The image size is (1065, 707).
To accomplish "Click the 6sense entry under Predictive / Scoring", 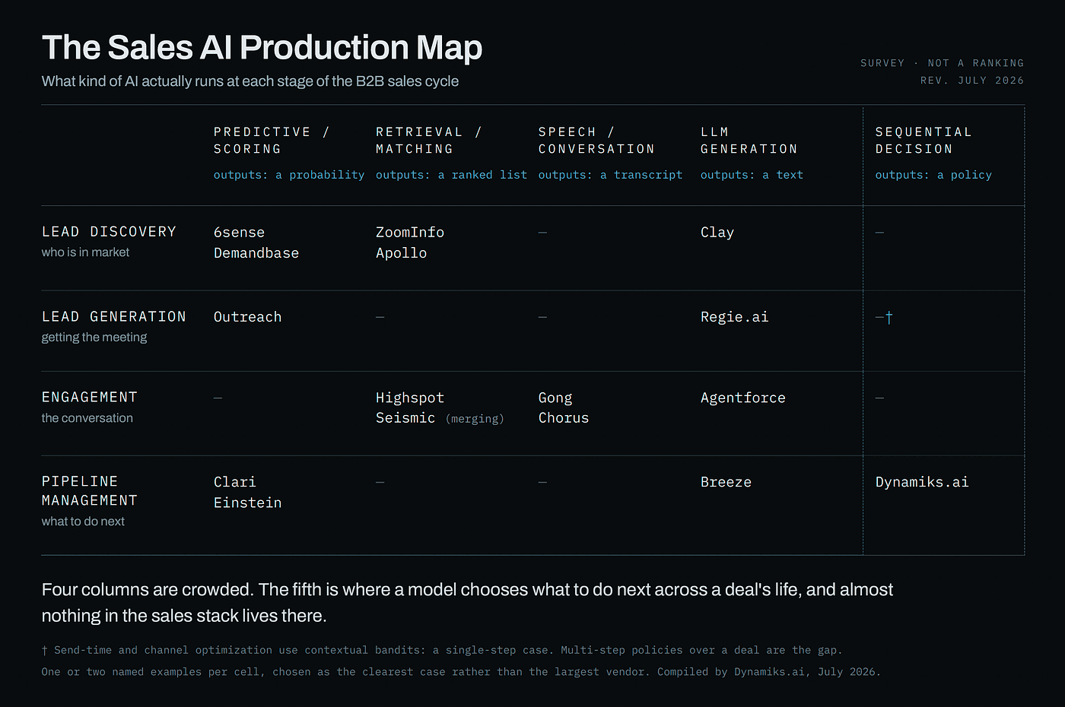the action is [x=239, y=233].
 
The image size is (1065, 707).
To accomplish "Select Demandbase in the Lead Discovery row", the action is [x=256, y=252].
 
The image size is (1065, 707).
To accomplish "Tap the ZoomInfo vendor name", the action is [x=410, y=233].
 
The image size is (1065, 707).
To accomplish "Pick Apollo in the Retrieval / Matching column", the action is [x=402, y=252].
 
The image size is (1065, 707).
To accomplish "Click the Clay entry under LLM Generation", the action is [x=717, y=233].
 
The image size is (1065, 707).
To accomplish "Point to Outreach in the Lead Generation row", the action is [x=247, y=317].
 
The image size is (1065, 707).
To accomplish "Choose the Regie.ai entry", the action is [x=734, y=317].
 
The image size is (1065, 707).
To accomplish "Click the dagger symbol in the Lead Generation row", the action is [x=889, y=318].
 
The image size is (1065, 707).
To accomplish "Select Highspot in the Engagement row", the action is [x=410, y=398].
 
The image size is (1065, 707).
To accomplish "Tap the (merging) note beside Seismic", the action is [x=475, y=419].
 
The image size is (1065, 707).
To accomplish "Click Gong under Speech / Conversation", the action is [x=555, y=398].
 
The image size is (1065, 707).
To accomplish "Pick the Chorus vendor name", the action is [x=564, y=418].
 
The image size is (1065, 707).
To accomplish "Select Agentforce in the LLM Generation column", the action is [x=742, y=398].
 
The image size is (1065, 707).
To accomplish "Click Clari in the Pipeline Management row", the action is [x=234, y=482].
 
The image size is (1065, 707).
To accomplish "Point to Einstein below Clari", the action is [x=247, y=503].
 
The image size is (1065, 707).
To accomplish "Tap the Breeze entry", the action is [x=726, y=482].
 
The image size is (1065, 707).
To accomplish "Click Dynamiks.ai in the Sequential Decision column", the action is [x=921, y=482].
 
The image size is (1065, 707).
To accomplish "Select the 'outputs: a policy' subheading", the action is [x=933, y=175].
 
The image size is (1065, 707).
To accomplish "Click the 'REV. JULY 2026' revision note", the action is [x=972, y=81].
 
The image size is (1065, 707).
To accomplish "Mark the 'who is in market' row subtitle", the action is [x=85, y=252].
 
